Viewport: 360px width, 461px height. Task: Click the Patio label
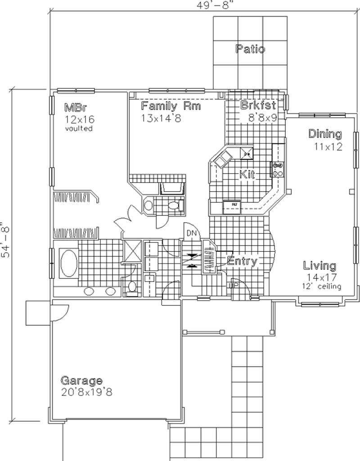pos(250,49)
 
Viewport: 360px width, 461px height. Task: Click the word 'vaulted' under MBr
pos(79,129)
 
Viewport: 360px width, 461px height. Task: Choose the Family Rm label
pos(171,107)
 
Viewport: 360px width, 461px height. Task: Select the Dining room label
pos(324,134)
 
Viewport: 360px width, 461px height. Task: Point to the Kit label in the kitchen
pos(247,175)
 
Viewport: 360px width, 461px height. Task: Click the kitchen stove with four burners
pos(277,169)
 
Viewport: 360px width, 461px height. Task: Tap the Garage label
pos(81,380)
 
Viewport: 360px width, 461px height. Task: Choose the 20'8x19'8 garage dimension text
pos(86,392)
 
